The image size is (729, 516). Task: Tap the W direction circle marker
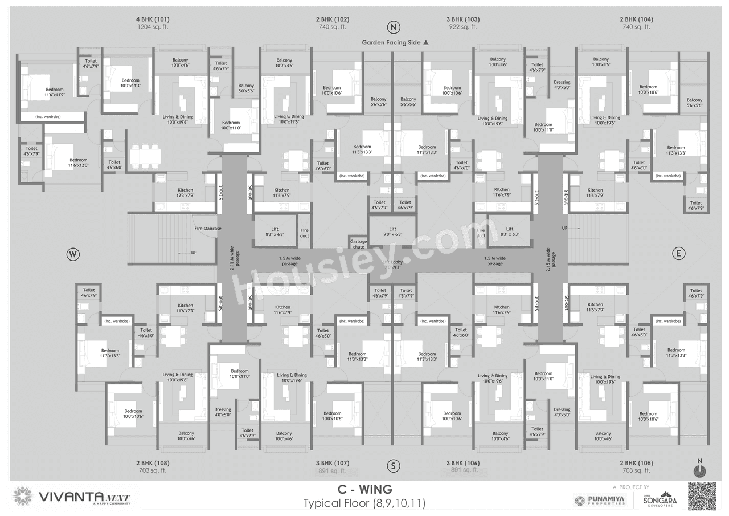coord(72,254)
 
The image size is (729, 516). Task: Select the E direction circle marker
coord(678,254)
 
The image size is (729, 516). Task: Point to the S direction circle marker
coord(392,466)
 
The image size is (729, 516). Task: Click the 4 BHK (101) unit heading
coord(153,19)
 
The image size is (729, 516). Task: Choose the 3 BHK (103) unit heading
coord(462,19)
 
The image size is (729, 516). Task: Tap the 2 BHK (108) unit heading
coord(153,463)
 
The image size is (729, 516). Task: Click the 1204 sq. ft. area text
coord(153,27)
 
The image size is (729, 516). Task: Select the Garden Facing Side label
coord(395,42)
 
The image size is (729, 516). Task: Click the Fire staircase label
coord(207,229)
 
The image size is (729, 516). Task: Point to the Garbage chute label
coord(358,244)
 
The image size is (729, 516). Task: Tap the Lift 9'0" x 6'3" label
coord(392,231)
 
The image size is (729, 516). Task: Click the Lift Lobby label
coord(393,264)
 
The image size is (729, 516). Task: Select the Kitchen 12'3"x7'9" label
coord(185,193)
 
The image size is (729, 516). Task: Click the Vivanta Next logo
coord(71,497)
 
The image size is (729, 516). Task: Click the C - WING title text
coord(364,490)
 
